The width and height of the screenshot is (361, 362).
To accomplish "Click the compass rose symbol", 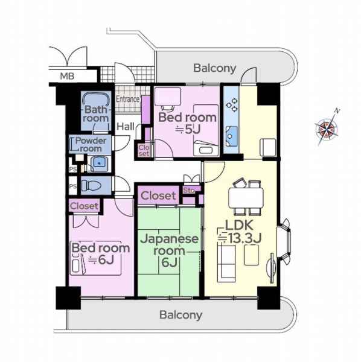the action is point(327,128).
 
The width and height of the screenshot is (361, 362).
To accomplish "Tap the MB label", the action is point(67,76).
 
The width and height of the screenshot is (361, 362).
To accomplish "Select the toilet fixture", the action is point(91,185).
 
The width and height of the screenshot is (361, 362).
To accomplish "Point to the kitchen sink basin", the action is point(232,136).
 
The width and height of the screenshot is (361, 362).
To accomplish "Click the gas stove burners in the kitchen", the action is point(232,105).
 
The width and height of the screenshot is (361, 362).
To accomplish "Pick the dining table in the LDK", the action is point(246,198).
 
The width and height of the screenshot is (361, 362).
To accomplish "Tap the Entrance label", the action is point(128,100).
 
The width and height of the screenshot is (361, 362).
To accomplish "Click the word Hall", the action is point(126,127).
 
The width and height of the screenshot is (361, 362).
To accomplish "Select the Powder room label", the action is point(91,145).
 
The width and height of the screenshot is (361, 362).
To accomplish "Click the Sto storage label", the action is point(189,191).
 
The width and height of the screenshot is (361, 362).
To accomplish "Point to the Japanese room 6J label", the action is point(169,250).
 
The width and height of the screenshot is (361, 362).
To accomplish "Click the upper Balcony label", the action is point(215,68).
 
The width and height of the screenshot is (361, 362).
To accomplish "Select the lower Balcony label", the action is point(181,315).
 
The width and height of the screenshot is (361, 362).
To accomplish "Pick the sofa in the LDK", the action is point(226,264).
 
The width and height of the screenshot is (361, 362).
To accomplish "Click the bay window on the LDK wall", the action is point(285,241).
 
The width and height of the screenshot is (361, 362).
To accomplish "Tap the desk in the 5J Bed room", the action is point(167,96).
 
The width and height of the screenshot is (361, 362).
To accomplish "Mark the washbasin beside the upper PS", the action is point(100,164).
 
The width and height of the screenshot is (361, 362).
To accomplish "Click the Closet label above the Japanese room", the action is point(158,195).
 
